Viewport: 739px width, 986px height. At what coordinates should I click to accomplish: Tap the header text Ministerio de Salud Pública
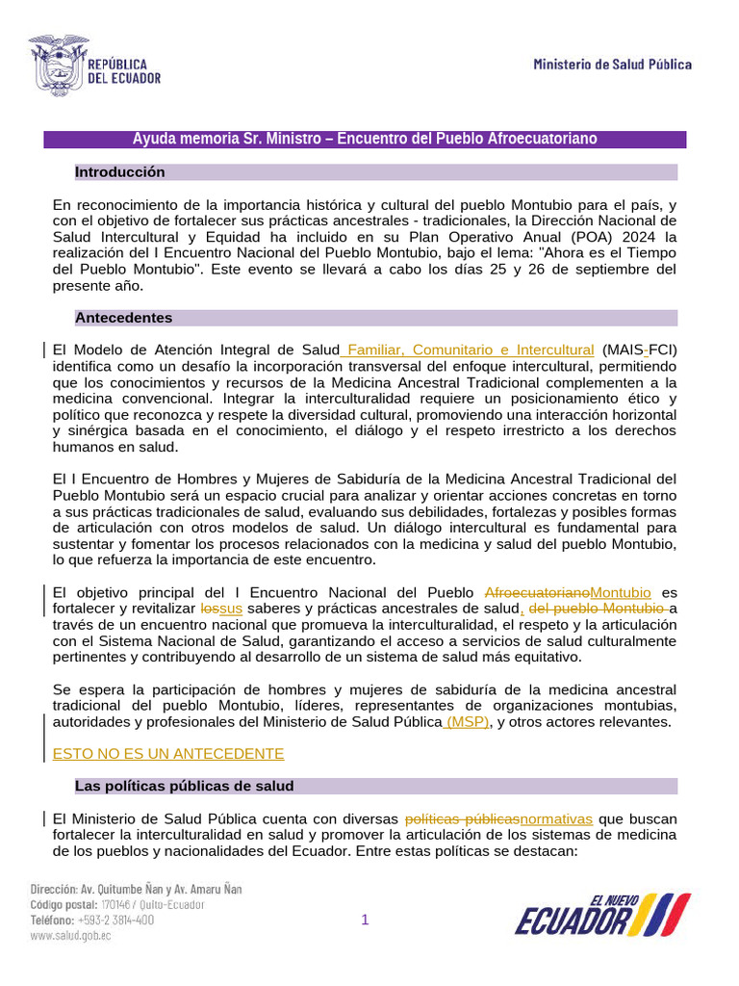coord(612,65)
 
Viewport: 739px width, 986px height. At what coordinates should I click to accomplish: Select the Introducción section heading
coord(120,172)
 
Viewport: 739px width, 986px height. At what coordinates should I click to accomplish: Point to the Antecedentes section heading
coord(124,318)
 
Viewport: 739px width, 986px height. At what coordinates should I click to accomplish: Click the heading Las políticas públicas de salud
coord(184,787)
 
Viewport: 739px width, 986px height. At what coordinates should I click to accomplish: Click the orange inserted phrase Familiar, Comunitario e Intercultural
coord(470,350)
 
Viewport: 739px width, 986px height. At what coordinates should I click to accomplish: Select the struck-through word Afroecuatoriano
coord(537,592)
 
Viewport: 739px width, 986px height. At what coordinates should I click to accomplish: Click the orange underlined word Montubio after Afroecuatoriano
coord(621,592)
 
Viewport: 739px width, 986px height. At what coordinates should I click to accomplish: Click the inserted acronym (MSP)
coord(466,722)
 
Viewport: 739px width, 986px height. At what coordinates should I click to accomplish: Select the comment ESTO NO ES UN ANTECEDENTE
coord(168,753)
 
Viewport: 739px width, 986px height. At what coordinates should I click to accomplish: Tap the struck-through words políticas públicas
coord(463,818)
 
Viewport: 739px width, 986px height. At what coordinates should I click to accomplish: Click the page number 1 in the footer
coord(365,921)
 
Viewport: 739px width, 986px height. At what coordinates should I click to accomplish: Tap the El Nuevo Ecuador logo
coord(602,915)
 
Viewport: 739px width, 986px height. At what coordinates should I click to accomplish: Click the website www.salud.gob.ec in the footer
coord(70,936)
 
